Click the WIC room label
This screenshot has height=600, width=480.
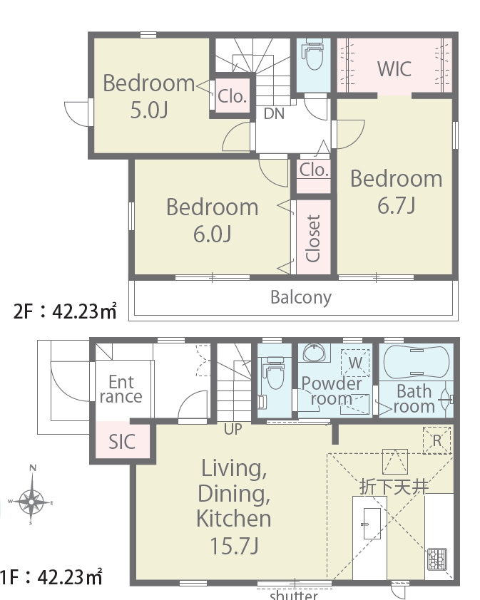394,69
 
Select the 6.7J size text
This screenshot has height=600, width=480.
396,205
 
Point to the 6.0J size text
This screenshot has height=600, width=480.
213,234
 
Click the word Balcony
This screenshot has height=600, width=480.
301,297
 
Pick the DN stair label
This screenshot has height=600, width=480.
275,113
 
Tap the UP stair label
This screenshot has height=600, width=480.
233,430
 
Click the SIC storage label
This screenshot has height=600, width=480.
122,442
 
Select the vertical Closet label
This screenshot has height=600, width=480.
313,238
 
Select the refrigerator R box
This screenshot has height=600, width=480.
436,440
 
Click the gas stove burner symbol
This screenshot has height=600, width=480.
437,559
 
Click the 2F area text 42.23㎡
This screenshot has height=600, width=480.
84,311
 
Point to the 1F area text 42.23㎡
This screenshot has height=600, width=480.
70,577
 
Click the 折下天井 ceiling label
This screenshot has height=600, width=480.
394,487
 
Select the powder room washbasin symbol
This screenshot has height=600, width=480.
314,352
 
